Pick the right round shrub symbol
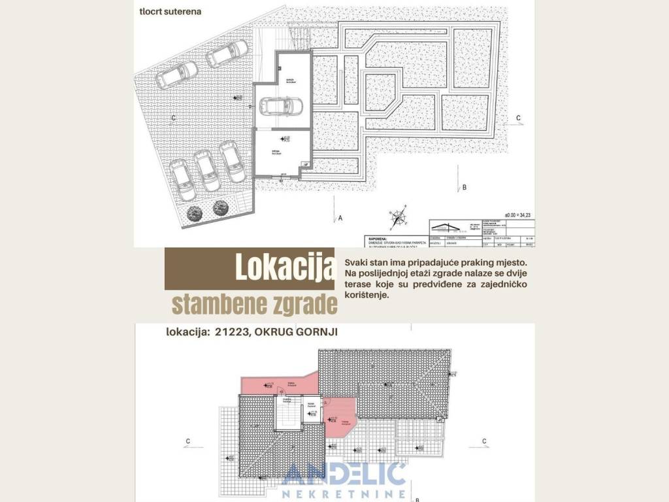click(221, 209)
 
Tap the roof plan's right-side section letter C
click(483, 441)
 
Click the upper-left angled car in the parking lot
click(176, 75)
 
